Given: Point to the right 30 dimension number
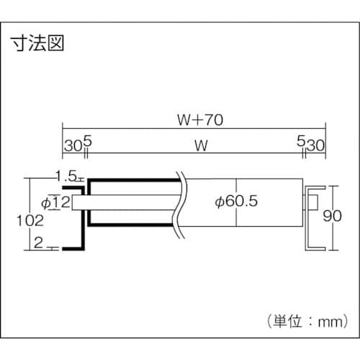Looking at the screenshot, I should coord(318,145).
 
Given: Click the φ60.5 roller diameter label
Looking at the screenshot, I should coord(236,202).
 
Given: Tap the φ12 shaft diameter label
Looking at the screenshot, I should coord(55,202).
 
